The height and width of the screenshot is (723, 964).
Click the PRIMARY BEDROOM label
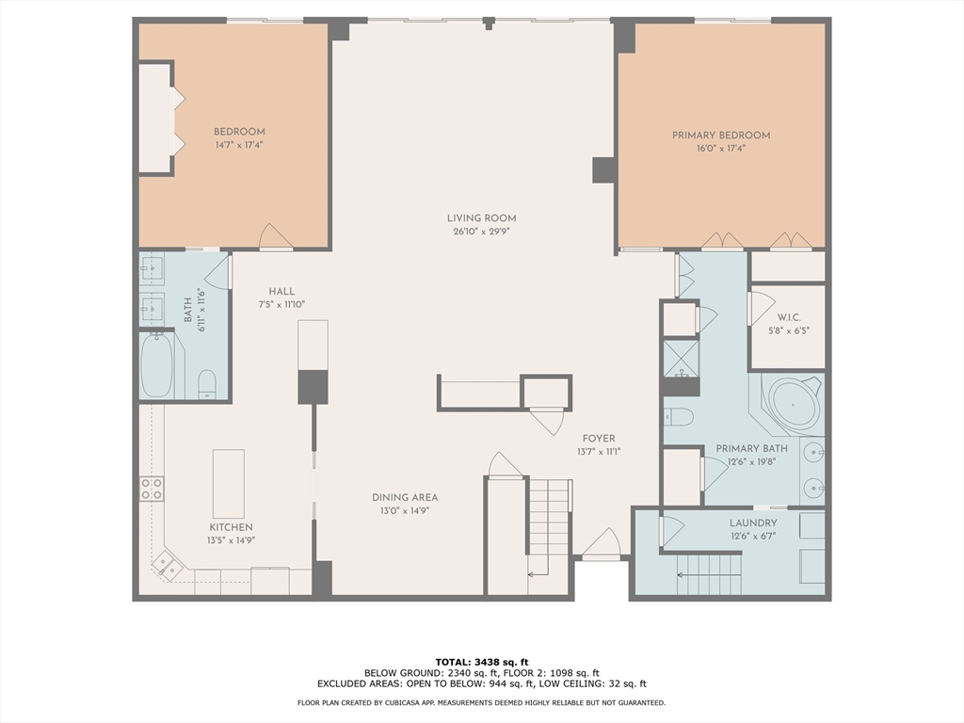pos(720,136)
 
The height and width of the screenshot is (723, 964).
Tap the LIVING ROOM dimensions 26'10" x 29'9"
pos(481,232)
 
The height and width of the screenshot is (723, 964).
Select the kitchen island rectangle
pos(228,483)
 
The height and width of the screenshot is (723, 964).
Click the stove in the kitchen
pos(152,488)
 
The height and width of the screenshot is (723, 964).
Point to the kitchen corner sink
pos(170,566)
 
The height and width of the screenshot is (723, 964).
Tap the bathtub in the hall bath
pos(157,365)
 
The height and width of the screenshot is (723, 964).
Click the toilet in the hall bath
pos(207,382)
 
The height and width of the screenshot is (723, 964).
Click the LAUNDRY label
pos(753,523)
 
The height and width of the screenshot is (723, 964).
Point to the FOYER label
pos(598,439)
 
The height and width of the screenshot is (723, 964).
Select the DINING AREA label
pos(404,498)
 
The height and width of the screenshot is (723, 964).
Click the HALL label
pos(281,291)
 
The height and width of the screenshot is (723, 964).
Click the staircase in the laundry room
pos(709,574)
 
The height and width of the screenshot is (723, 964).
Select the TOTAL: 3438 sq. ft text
pos(481,661)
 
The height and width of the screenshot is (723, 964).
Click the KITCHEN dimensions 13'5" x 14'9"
pos(232,540)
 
